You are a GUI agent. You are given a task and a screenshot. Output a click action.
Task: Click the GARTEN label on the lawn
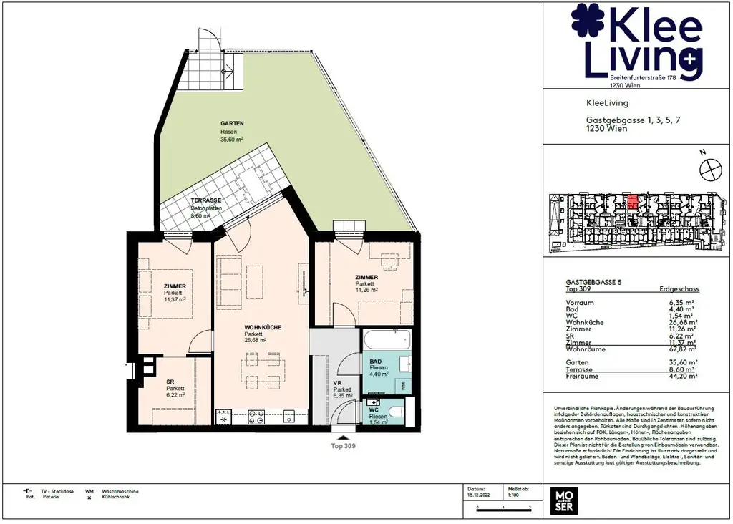point(232,123)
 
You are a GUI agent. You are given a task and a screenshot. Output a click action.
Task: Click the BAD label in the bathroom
point(375,361)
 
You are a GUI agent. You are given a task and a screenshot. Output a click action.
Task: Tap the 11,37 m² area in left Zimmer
point(175,300)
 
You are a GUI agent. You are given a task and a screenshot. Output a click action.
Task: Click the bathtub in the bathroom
point(386,339)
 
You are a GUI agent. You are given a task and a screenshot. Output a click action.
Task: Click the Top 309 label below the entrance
point(343,445)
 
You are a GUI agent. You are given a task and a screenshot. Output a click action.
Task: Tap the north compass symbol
point(710,170)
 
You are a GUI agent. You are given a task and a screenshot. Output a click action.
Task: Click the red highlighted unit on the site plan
point(632,200)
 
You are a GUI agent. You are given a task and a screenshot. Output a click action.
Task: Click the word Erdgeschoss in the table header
point(679,290)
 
